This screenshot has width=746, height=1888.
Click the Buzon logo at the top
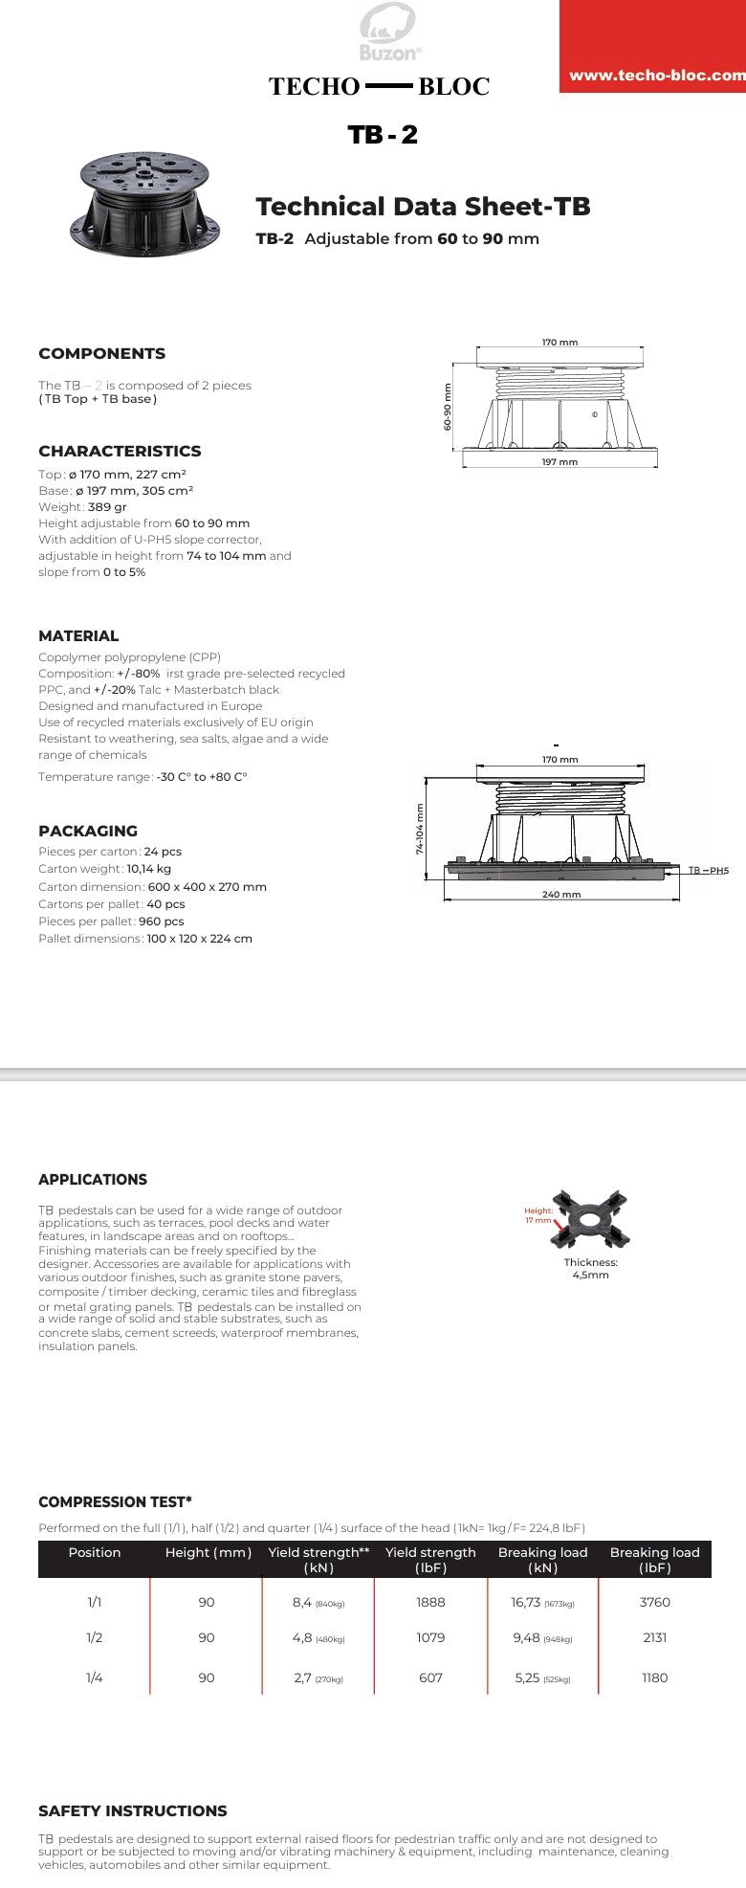click(387, 32)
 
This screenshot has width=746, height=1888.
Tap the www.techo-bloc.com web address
click(656, 76)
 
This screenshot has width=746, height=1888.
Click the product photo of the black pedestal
click(144, 205)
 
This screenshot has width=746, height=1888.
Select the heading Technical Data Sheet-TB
click(423, 207)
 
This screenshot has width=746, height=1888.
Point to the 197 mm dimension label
click(559, 462)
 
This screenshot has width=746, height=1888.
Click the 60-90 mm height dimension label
click(448, 407)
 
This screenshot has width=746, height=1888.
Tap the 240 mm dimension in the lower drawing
click(561, 895)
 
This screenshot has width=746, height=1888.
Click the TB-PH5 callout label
click(709, 871)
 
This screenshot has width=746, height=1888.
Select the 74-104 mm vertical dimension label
click(419, 829)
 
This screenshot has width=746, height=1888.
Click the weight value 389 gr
click(107, 507)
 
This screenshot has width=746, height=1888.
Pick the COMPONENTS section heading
click(101, 354)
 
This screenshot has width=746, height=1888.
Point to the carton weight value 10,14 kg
click(149, 869)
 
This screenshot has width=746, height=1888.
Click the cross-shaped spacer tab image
click(591, 1220)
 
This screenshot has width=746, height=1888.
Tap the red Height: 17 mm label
click(538, 1215)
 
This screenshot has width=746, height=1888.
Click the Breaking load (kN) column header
click(542, 1560)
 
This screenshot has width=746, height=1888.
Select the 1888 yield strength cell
click(430, 1602)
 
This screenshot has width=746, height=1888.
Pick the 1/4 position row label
click(95, 1677)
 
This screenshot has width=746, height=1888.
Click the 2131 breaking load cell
click(654, 1637)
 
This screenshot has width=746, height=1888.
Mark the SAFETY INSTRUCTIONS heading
click(133, 1811)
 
